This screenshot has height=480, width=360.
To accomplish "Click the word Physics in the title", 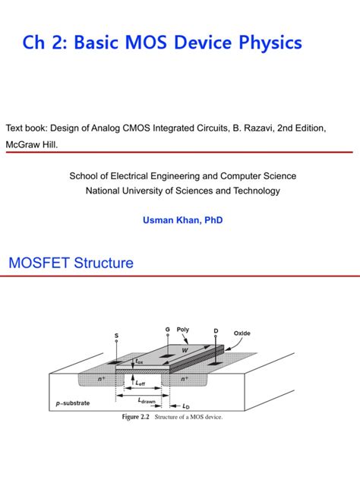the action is (x=267, y=43).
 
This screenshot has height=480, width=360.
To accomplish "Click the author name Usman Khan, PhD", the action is (x=183, y=220).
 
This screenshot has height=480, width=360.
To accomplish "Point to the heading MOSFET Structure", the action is (x=71, y=264).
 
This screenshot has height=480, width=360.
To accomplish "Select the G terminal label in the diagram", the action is (x=167, y=329).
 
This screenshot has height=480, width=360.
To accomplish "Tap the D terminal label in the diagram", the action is (x=216, y=331).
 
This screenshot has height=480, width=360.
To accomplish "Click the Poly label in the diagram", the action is (x=183, y=330).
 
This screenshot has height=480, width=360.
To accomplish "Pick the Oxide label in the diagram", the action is (x=242, y=333).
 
